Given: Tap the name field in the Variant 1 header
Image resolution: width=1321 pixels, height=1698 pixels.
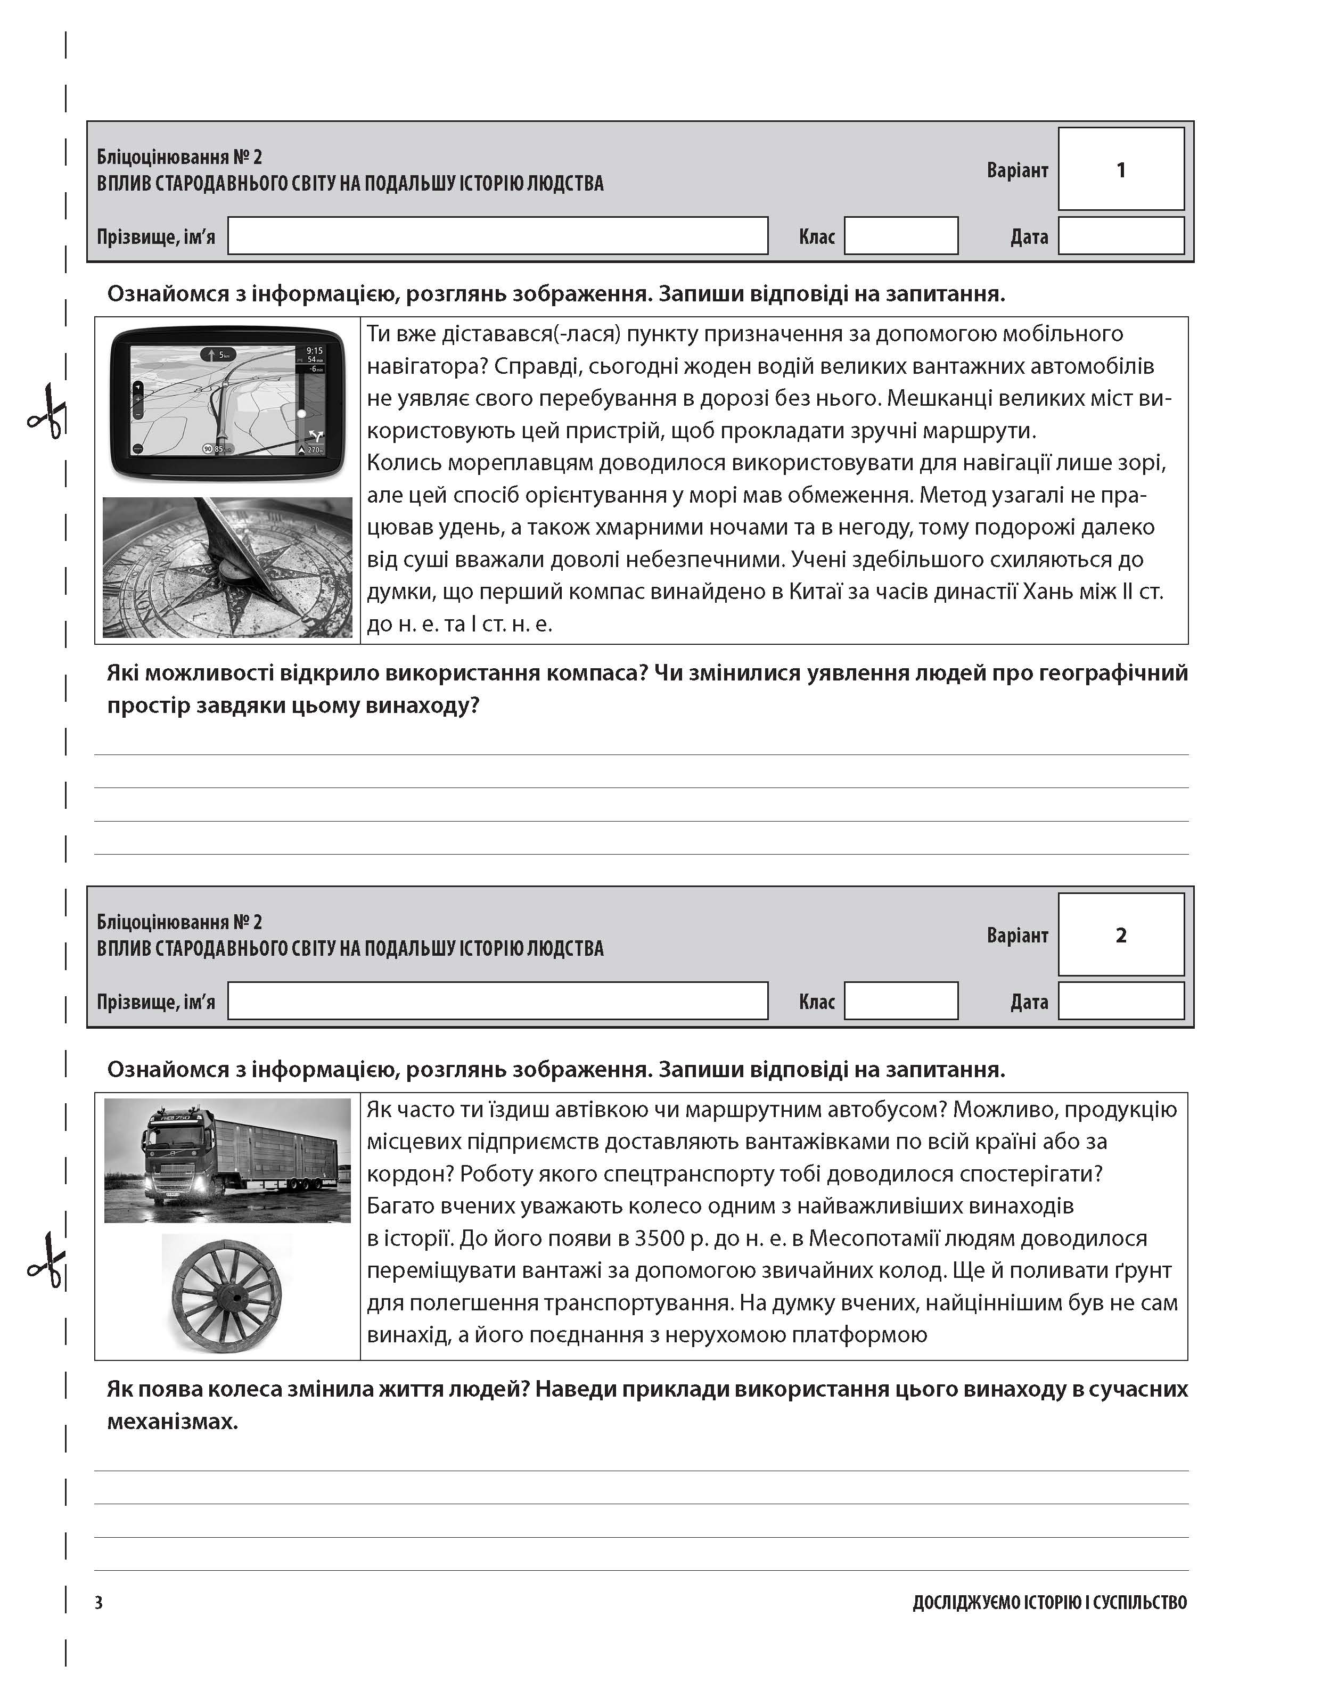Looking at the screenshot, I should [x=498, y=235].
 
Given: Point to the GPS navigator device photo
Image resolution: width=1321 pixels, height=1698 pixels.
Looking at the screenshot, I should [x=227, y=403].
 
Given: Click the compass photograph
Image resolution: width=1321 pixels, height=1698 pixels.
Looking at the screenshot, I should [x=227, y=568].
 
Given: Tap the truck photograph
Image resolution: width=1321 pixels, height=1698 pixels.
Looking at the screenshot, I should [x=227, y=1160].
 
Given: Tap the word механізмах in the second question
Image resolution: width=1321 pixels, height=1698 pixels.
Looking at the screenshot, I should [x=173, y=1422].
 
